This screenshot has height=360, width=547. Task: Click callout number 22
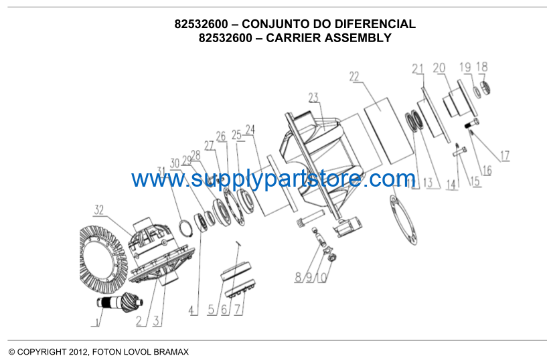(x=354, y=77)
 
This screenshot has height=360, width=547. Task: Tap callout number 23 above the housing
(x=313, y=98)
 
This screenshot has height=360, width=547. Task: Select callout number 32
(x=99, y=210)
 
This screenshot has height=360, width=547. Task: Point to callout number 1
(x=97, y=321)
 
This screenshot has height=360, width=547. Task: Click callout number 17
(x=505, y=155)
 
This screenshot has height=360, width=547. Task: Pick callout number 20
(x=439, y=68)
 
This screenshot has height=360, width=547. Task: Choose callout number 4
(x=191, y=310)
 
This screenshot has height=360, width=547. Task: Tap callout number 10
(x=323, y=278)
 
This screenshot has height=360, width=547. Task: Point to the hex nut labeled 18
(x=485, y=87)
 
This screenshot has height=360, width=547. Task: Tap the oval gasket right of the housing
(x=404, y=219)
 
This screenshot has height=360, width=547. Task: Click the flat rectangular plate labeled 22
(x=388, y=130)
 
